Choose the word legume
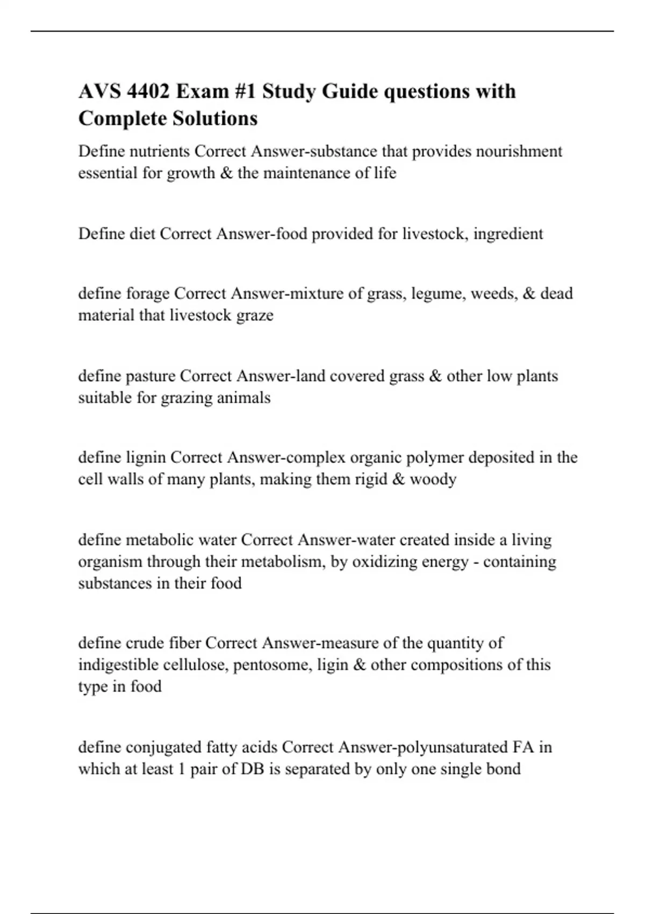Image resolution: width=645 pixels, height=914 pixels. click(x=435, y=294)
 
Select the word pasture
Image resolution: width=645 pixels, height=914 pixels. click(x=150, y=376)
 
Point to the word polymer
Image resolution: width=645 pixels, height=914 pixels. click(x=434, y=458)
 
